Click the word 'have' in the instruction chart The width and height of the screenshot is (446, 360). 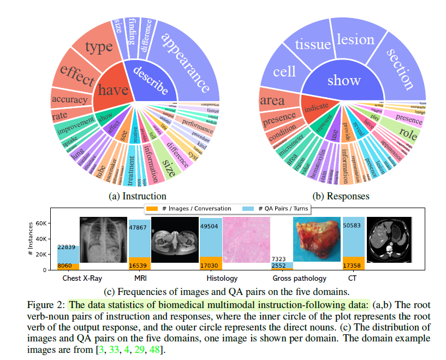(113, 91)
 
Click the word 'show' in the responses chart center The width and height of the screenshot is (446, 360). (343, 81)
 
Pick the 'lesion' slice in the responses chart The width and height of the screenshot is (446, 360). (355, 40)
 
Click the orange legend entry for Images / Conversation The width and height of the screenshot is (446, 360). (188, 208)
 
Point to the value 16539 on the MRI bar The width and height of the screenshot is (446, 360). (139, 264)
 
